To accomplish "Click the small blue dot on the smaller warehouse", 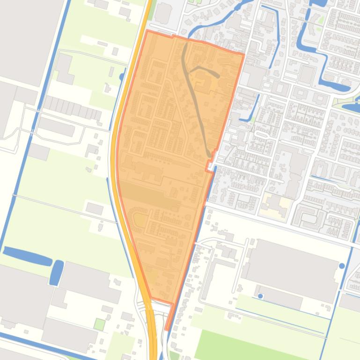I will (261, 296).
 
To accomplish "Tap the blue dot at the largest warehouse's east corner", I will (342, 266).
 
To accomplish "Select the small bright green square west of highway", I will (99, 324).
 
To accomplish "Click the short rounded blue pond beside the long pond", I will (57, 272).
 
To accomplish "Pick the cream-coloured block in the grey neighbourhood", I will (277, 204).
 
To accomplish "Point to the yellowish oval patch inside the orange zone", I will (140, 218).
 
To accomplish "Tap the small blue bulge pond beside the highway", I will (122, 76).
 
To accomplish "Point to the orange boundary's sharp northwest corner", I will (147, 31).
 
